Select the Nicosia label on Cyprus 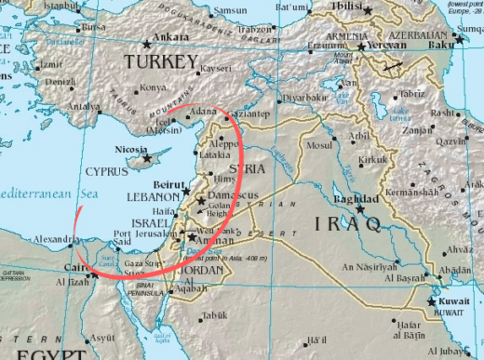coord(131,150)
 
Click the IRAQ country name coord(348,224)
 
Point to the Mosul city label coord(320,146)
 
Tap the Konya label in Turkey coord(151,89)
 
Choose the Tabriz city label coord(411,94)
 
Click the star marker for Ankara coord(147,43)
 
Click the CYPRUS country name coord(108,172)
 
